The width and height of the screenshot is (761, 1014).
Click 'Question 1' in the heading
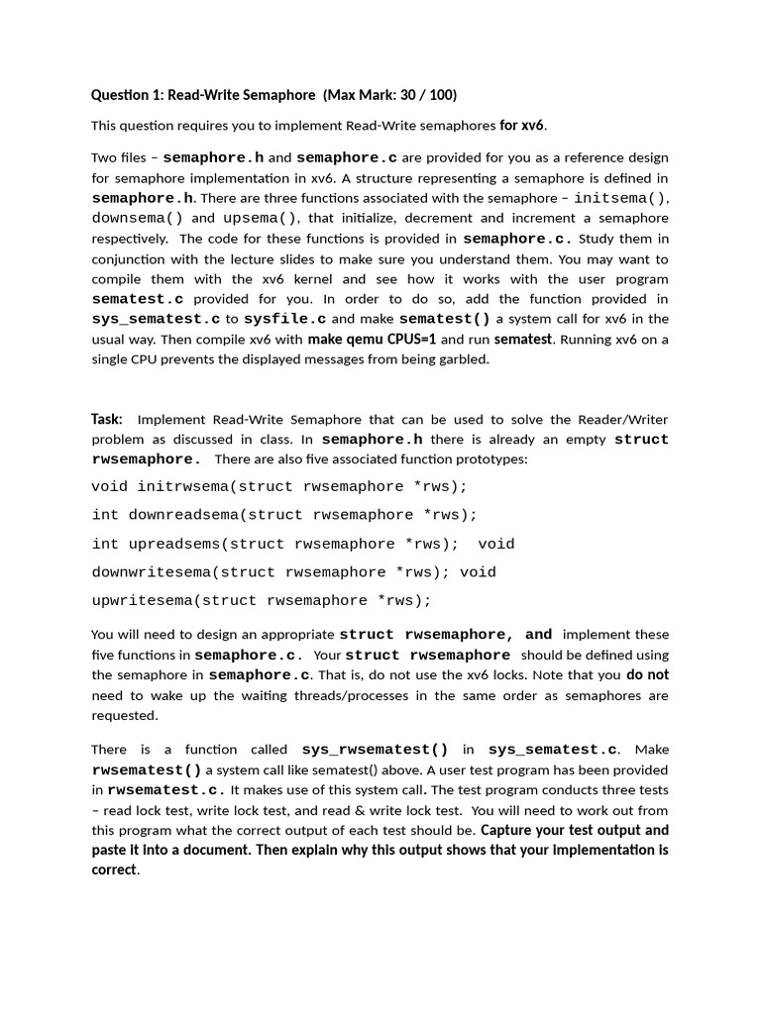(126, 95)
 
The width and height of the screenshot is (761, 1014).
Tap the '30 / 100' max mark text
(421, 95)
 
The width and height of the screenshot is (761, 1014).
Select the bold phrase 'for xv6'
(522, 126)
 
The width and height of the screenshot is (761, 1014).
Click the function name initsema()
(621, 198)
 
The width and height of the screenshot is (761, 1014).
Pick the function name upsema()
(260, 218)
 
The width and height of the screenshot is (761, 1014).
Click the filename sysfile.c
(285, 319)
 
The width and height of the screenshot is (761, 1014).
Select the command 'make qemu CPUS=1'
(372, 339)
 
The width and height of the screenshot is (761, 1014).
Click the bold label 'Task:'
(107, 419)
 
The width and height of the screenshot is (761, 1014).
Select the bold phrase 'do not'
(647, 674)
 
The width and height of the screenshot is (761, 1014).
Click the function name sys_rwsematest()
(375, 750)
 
